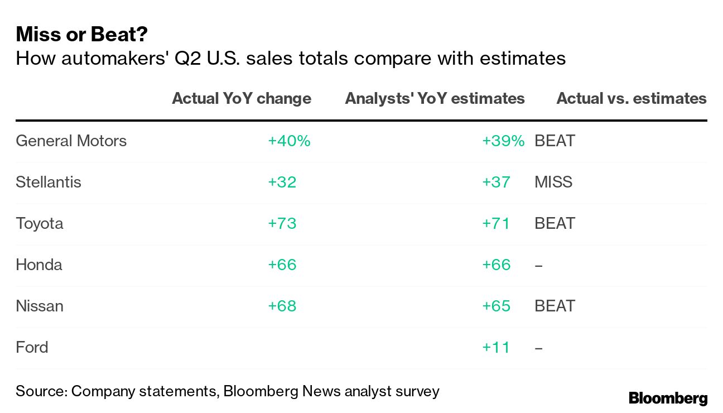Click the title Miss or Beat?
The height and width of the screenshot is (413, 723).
click(x=81, y=35)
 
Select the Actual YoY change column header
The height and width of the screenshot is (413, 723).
click(x=241, y=99)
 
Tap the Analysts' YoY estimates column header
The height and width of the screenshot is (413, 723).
click(x=435, y=99)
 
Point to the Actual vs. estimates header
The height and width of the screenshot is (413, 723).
click(x=631, y=99)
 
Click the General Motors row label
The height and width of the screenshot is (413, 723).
click(x=71, y=141)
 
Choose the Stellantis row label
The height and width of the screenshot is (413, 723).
click(x=49, y=182)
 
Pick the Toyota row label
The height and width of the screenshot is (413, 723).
click(x=40, y=223)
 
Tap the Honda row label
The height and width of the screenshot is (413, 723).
click(x=39, y=265)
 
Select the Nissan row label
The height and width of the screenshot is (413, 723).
click(x=40, y=306)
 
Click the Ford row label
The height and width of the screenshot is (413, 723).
click(x=32, y=347)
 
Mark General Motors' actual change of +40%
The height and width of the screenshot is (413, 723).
click(x=289, y=141)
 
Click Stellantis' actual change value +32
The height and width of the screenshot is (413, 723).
click(x=282, y=182)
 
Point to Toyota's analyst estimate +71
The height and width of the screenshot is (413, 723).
click(x=496, y=223)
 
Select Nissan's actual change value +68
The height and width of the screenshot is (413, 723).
click(x=282, y=306)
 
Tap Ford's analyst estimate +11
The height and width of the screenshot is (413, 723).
click(x=496, y=347)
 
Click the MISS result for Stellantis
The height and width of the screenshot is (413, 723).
click(x=553, y=182)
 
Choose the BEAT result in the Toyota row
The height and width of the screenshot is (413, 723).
click(x=555, y=223)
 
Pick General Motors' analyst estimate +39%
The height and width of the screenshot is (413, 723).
click(x=503, y=141)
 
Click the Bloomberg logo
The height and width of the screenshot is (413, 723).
click(x=668, y=398)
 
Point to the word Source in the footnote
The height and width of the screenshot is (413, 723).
click(x=40, y=391)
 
